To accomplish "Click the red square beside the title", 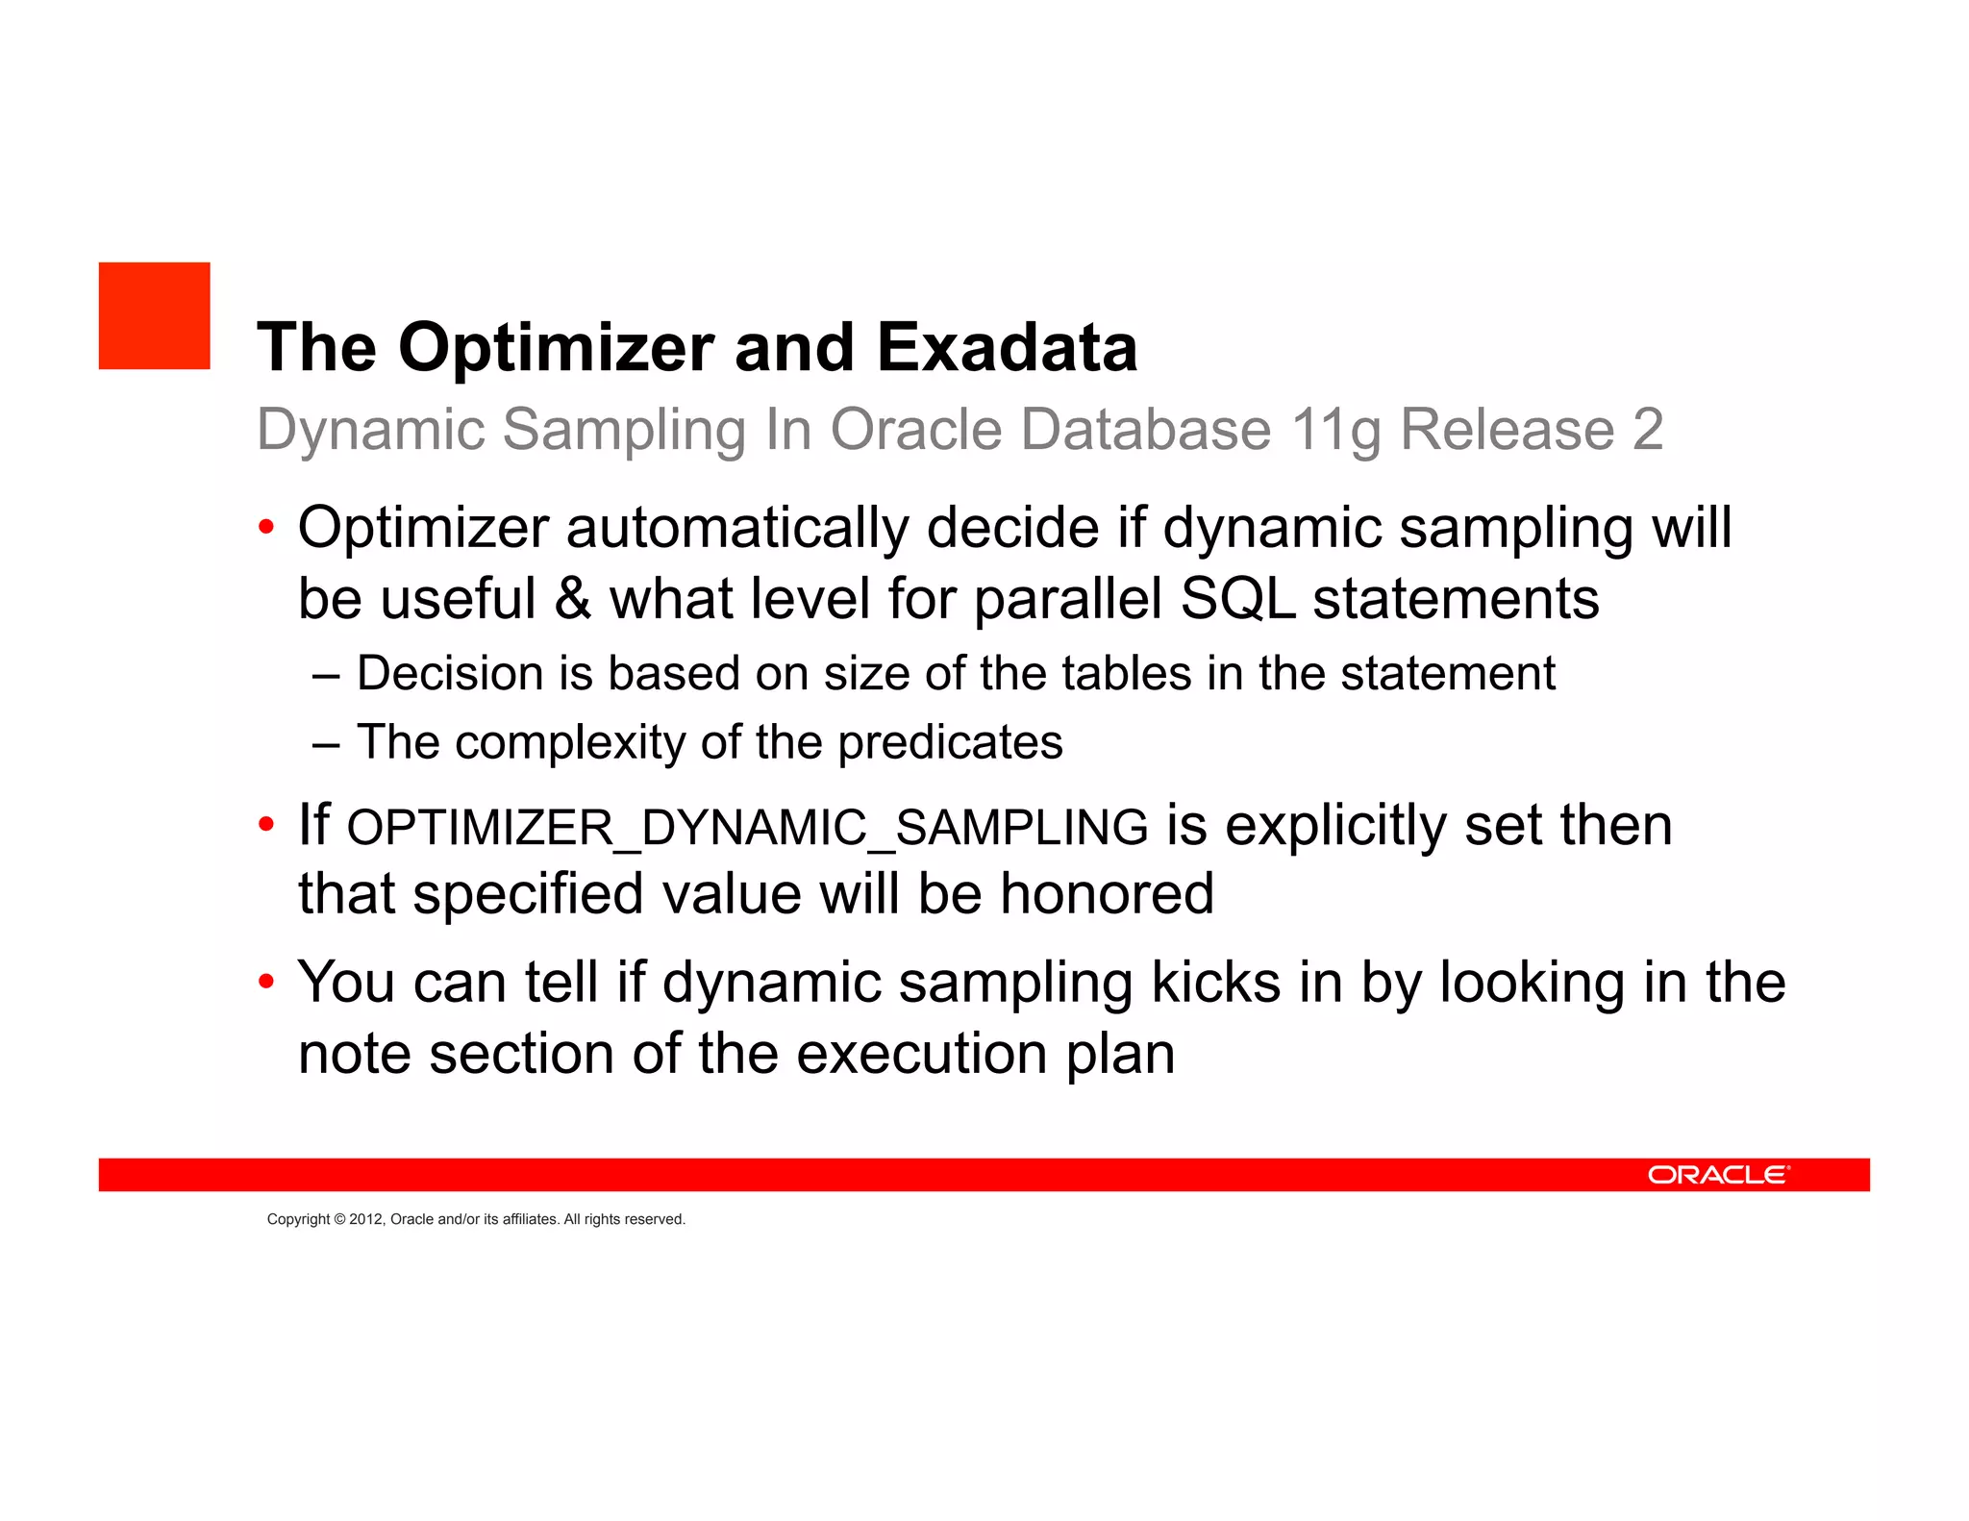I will click(154, 315).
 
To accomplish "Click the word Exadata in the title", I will click(1007, 347).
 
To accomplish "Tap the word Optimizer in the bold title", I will click(557, 349).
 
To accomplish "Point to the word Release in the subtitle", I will click(1507, 429).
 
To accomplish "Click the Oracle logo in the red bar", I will click(1718, 1175).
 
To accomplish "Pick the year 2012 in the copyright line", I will click(365, 1219).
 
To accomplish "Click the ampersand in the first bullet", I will click(572, 598).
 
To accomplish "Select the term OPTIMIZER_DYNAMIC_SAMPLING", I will click(747, 828).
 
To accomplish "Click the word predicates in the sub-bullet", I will click(950, 743).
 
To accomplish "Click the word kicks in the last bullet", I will click(1215, 983).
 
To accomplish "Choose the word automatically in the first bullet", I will click(737, 528).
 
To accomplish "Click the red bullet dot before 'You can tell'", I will click(266, 983).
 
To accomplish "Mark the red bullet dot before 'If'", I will click(266, 825).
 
